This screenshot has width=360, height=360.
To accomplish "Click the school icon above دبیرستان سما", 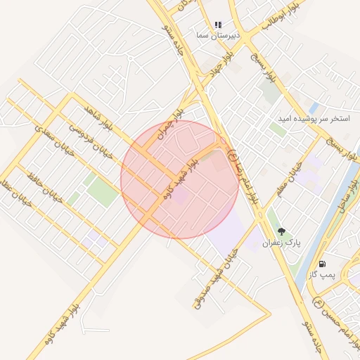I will click(x=218, y=25).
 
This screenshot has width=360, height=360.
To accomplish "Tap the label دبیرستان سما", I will click(x=218, y=34).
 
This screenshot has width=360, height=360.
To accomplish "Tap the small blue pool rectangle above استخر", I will click(x=314, y=108).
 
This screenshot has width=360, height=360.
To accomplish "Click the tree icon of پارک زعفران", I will click(x=281, y=231).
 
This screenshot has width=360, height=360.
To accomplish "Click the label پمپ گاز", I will click(x=323, y=274).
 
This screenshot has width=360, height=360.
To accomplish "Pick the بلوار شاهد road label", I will click(x=98, y=120).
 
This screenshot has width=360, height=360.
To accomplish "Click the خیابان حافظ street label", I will click(x=45, y=187).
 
